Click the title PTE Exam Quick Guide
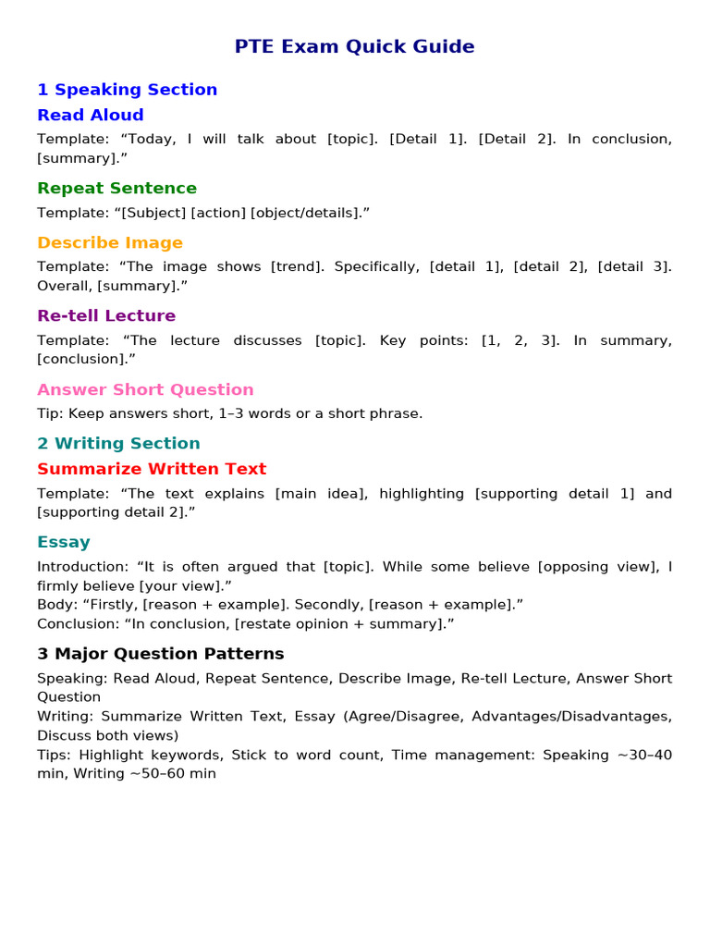point(354,46)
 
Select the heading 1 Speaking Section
point(127,90)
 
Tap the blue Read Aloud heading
point(90,115)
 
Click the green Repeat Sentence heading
point(116,188)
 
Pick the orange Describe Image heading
point(109,242)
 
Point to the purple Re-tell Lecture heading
point(105,315)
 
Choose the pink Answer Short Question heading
point(145,389)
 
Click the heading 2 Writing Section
point(118,443)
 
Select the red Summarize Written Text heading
point(151,469)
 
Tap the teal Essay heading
point(63,542)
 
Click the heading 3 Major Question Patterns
point(160,654)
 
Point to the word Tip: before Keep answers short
point(50,413)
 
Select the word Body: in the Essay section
point(56,605)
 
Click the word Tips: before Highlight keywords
point(55,755)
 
